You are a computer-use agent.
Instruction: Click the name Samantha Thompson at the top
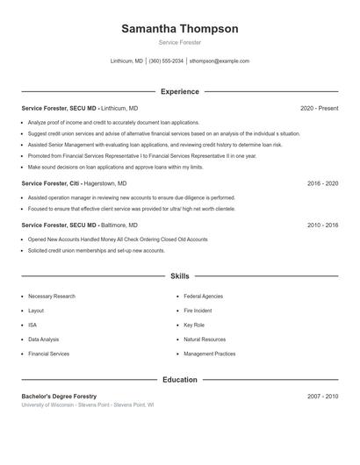click(179, 29)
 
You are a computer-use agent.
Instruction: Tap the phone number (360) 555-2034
click(166, 61)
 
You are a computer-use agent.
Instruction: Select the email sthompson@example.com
click(220, 61)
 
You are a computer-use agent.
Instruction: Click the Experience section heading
click(179, 91)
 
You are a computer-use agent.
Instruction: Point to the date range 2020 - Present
click(319, 108)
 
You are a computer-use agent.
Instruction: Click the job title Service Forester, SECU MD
click(60, 108)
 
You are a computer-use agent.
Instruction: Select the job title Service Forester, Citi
click(53, 184)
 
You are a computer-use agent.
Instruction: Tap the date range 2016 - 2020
click(322, 184)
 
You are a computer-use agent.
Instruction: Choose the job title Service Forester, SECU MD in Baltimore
click(60, 225)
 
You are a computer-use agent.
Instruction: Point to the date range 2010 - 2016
click(322, 225)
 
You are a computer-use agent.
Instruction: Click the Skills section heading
click(179, 275)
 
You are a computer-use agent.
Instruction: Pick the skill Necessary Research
click(52, 297)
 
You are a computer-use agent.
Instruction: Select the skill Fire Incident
click(198, 311)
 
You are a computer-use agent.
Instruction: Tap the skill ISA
click(32, 325)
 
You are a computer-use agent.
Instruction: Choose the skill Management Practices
click(209, 354)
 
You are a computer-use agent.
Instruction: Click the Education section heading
click(179, 380)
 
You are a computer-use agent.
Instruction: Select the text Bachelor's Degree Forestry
click(59, 397)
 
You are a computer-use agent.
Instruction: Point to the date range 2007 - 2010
click(322, 397)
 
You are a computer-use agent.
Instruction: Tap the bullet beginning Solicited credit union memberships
click(97, 251)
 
